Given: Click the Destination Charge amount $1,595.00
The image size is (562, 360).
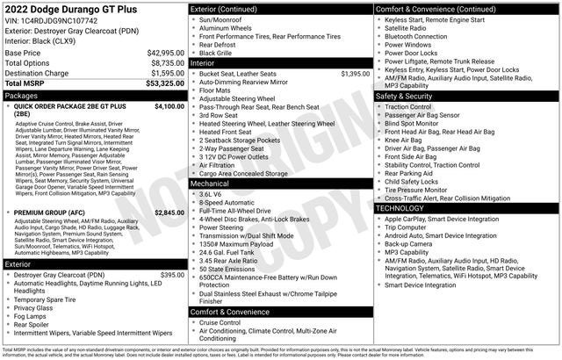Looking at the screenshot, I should [x=166, y=73].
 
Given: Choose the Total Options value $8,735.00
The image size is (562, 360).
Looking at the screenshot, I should [x=166, y=63].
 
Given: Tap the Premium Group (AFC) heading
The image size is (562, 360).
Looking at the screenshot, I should [x=50, y=212].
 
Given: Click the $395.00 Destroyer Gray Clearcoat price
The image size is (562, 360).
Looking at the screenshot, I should [x=172, y=275].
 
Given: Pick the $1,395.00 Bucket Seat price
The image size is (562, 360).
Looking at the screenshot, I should [x=355, y=74].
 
